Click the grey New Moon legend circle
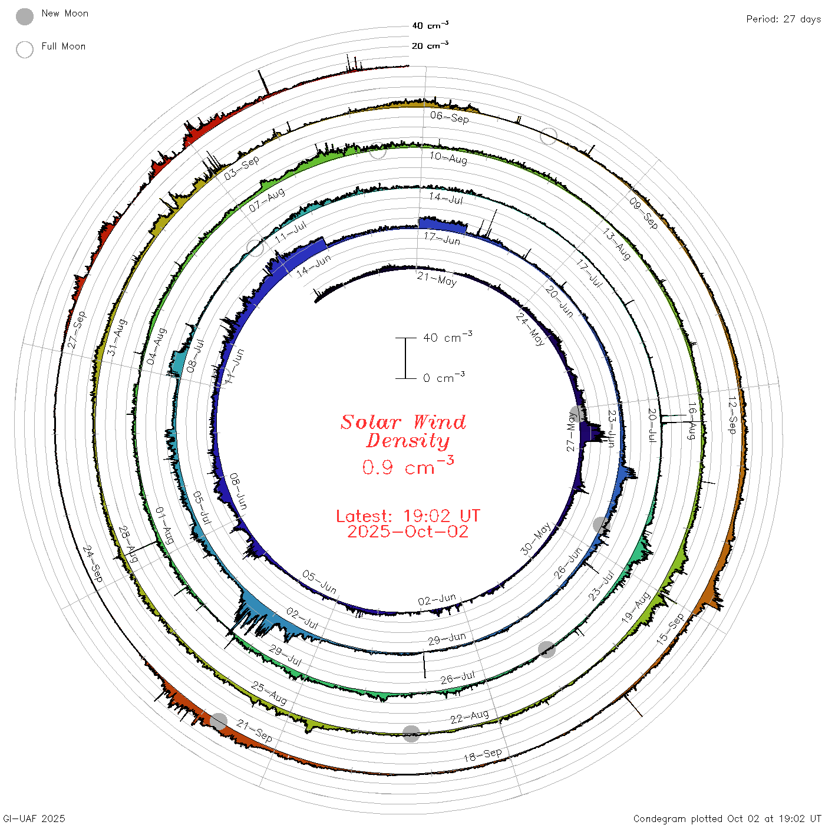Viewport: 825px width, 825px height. click(x=24, y=16)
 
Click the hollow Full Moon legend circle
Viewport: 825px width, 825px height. click(x=24, y=49)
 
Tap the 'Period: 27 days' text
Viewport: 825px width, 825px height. click(x=783, y=19)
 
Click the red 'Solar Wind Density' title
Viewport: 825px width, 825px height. click(x=403, y=431)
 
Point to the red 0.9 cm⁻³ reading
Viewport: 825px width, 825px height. click(x=408, y=466)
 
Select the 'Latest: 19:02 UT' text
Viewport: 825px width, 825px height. click(x=408, y=516)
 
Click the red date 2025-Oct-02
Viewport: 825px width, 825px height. click(x=408, y=532)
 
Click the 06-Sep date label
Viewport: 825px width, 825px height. click(x=449, y=117)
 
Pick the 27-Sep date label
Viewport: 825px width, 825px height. click(x=77, y=329)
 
